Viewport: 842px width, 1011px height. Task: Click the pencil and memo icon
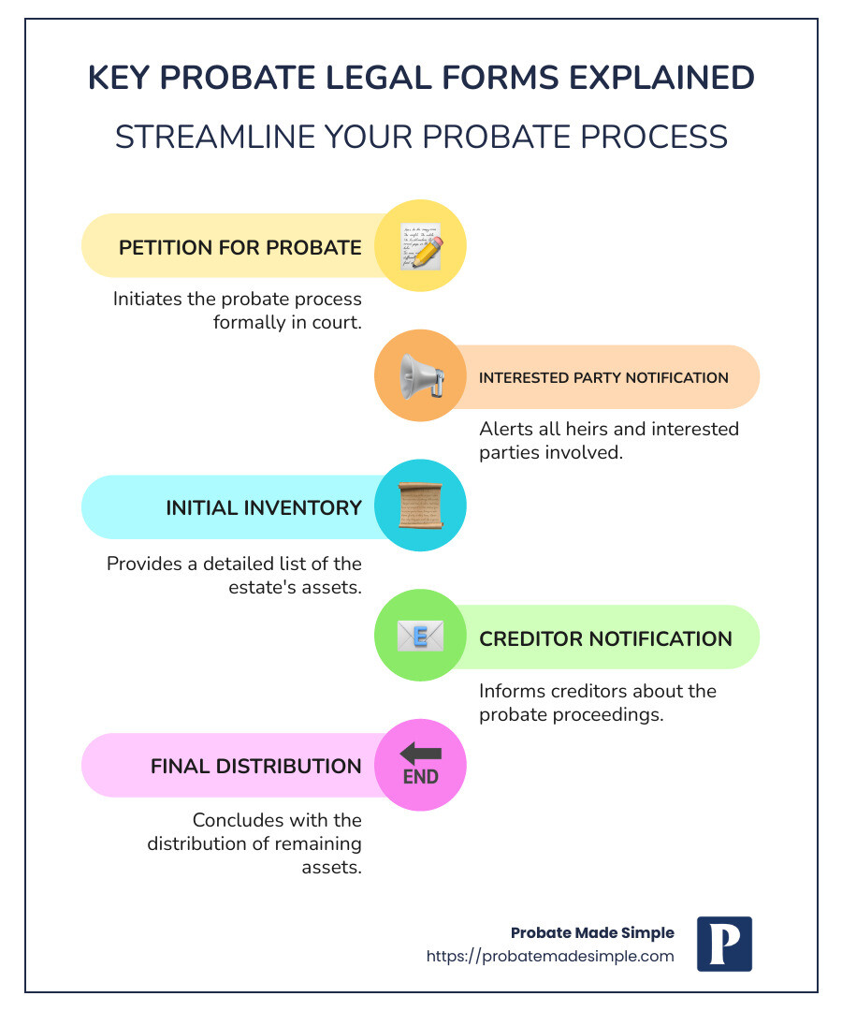click(x=420, y=246)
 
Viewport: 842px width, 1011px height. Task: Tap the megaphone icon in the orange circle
click(x=420, y=376)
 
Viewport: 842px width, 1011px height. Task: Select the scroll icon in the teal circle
click(x=420, y=506)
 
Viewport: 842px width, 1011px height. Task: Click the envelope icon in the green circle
click(x=420, y=637)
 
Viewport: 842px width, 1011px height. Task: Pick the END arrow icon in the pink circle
click(x=420, y=765)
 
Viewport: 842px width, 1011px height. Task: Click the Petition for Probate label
click(x=240, y=247)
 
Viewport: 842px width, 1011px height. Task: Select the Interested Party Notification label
click(x=603, y=378)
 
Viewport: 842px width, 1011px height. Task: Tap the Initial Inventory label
click(x=264, y=507)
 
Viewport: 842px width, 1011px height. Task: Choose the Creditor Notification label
click(x=605, y=638)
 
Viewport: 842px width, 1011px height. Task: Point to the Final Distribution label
click(x=255, y=766)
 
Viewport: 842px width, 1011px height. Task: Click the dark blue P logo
click(x=724, y=944)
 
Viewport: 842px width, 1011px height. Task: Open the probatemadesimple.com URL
click(x=550, y=956)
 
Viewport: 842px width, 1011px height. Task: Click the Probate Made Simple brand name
click(x=591, y=932)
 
